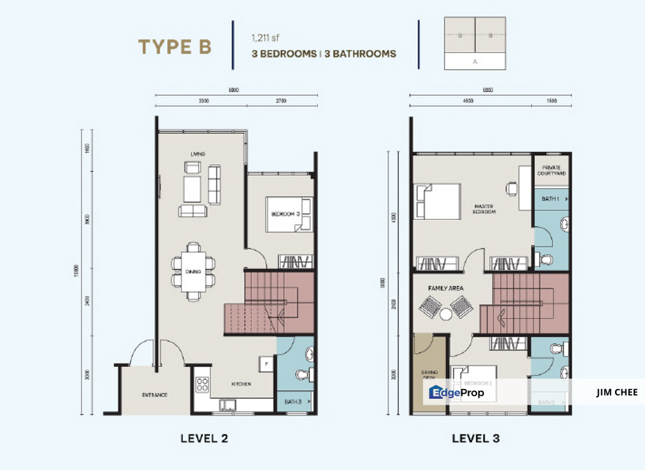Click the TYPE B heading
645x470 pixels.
[174, 47]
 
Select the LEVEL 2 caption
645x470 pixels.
[204, 438]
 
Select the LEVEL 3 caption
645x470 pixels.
[476, 438]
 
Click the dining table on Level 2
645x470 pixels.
[193, 271]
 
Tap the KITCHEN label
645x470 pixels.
[241, 384]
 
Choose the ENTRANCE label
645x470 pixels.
[155, 395]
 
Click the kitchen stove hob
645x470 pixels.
[202, 384]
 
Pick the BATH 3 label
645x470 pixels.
[292, 401]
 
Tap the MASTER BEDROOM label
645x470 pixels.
[484, 210]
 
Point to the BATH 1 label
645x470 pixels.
[550, 198]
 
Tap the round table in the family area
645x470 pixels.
[446, 314]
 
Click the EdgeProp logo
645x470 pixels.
[456, 392]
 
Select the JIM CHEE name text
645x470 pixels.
[616, 392]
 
